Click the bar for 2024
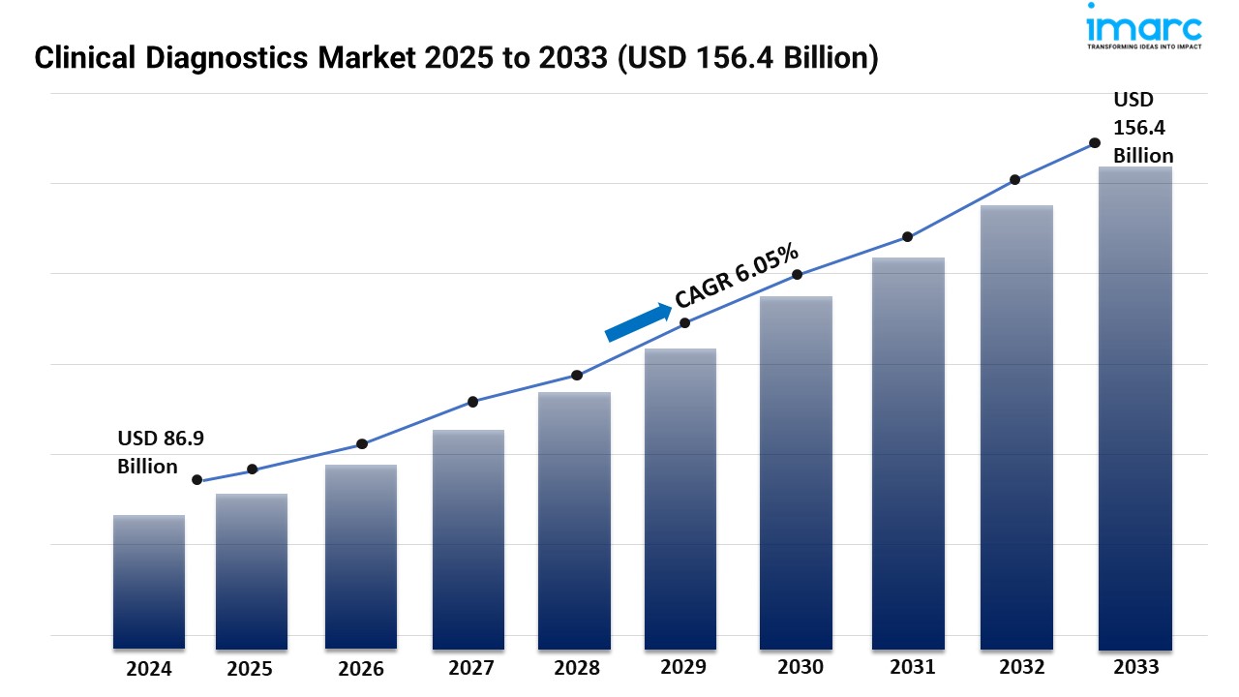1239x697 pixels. coord(149,581)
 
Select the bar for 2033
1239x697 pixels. coord(1135,407)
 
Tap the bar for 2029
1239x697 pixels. coord(680,499)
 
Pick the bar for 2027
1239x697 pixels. coord(468,538)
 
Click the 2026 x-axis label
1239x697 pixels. coord(361,668)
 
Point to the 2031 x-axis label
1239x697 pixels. coord(912,667)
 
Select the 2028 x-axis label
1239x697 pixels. coord(576,668)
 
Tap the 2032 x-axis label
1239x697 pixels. coord(1022,667)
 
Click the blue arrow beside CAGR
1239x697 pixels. coord(638,322)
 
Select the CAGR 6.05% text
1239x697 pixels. coord(738,275)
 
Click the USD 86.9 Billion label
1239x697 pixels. coord(161,452)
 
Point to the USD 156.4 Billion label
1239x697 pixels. coord(1142,127)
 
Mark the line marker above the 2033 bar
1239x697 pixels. coord(1095,142)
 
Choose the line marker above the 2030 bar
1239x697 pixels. coord(798,275)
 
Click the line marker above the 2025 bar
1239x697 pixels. coord(253,470)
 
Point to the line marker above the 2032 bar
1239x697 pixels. coord(1015,180)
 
